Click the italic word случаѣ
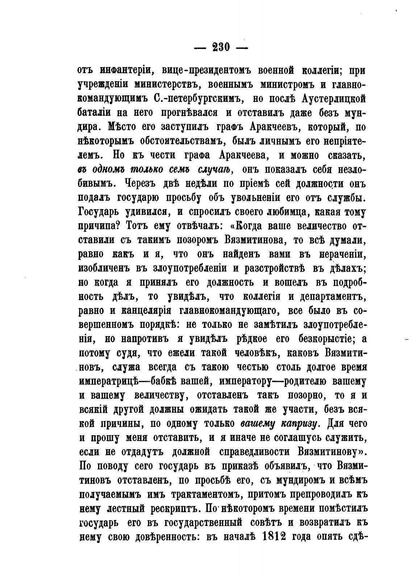coord(215,169)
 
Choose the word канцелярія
coord(150,311)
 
